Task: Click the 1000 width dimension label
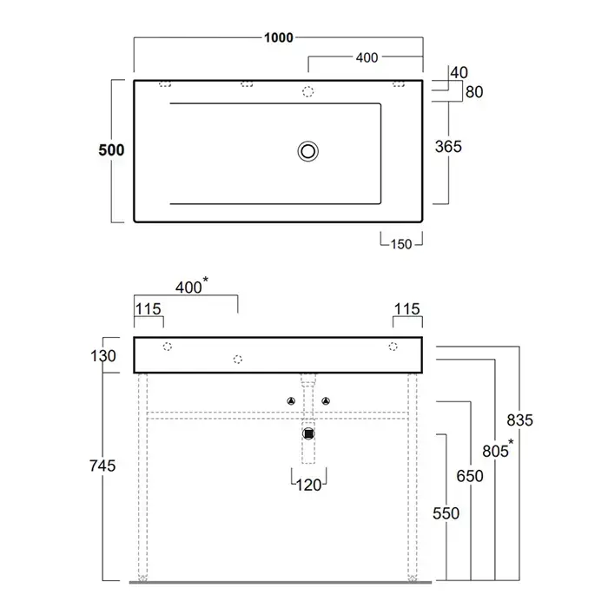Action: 279,37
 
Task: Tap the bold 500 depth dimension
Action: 111,150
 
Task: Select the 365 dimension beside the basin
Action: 448,147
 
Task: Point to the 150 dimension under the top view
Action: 401,244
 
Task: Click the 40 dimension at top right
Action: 459,72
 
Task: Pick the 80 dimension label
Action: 474,92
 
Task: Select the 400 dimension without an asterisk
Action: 367,58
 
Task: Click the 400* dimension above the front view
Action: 192,286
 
